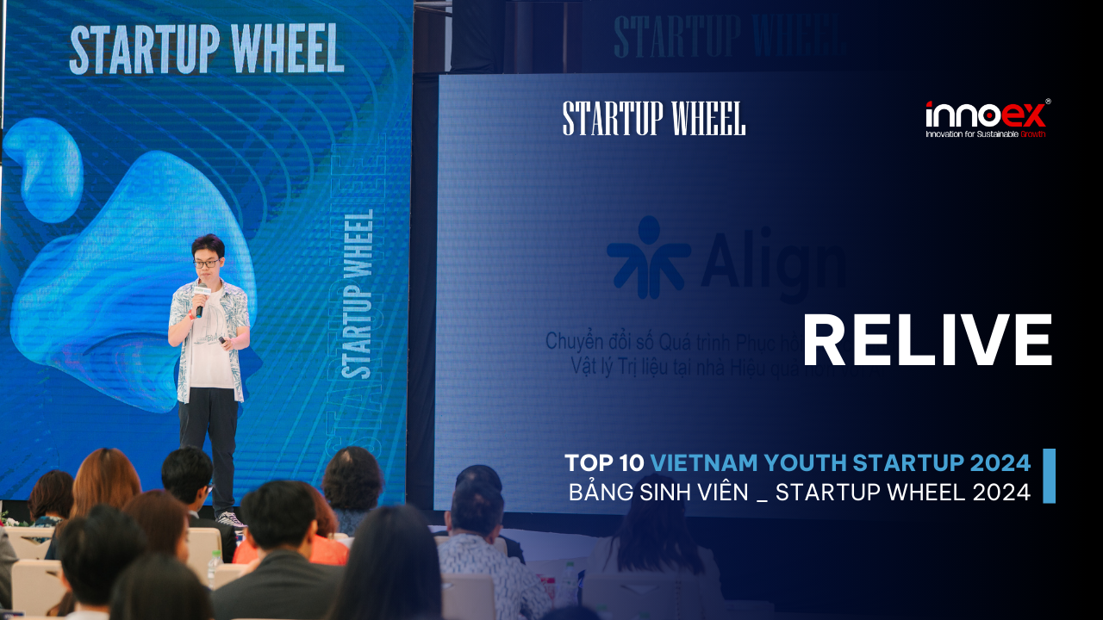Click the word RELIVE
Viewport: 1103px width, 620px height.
click(927, 341)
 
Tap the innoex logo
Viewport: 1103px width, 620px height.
click(988, 115)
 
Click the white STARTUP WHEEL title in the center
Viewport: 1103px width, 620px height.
click(654, 119)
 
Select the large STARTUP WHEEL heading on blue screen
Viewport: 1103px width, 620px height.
click(207, 50)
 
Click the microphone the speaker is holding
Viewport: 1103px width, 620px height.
click(200, 303)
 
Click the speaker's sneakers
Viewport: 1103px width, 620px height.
click(229, 518)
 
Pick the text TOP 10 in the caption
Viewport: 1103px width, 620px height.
click(604, 463)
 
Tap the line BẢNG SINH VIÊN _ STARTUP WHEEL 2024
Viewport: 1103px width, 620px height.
click(799, 493)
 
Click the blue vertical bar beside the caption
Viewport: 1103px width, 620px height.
click(1049, 475)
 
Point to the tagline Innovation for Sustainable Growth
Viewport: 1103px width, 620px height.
click(986, 134)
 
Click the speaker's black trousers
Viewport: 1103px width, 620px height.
click(209, 439)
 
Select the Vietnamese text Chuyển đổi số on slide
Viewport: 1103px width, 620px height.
click(595, 342)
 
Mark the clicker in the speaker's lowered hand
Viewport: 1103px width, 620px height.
click(223, 341)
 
